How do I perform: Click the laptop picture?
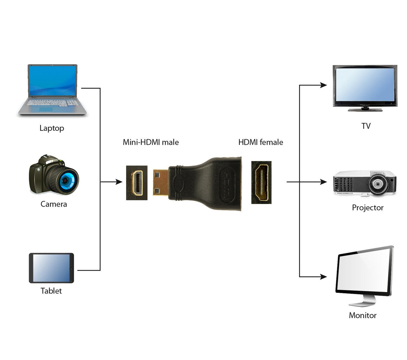pos(52,90)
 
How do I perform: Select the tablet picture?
pos(51,268)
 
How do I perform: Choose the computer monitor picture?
pos(364,275)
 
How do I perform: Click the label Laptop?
pos(52,128)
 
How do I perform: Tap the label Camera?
pos(54,204)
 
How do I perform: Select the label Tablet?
pos(51,291)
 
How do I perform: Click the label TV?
pos(366,126)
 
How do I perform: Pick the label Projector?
pos(367,208)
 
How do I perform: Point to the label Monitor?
pos(362,315)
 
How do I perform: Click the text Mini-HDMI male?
pos(151,142)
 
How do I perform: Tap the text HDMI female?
pos(260,142)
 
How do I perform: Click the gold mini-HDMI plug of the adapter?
pos(161,183)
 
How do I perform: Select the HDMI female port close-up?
pos(261,183)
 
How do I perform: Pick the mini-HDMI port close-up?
pos(137,183)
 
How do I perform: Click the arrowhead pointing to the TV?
pos(323,85)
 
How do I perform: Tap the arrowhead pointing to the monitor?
pos(323,277)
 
